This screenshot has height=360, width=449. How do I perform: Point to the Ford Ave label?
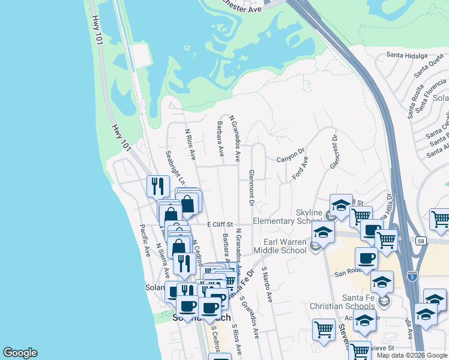point(300,168)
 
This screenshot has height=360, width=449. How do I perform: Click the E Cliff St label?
point(220,224)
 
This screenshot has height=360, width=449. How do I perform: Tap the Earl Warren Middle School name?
point(280,246)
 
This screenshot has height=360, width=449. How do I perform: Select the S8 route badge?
point(421,241)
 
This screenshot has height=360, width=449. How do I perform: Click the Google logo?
point(20,353)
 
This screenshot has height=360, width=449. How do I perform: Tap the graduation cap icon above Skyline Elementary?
point(341,204)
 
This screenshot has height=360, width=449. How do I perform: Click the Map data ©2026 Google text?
point(412,355)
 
